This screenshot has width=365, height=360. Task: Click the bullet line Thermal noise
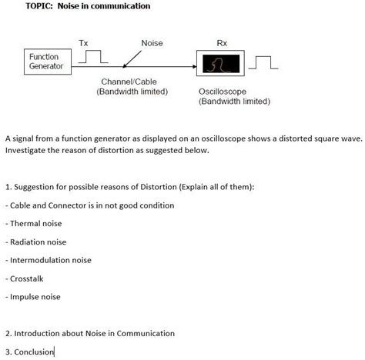tap(35, 223)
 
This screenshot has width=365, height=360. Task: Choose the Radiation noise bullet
tap(39, 242)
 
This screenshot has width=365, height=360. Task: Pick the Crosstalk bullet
tap(27, 278)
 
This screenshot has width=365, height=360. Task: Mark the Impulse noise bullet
tap(35, 297)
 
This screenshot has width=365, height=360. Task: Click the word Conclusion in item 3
tap(34, 352)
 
